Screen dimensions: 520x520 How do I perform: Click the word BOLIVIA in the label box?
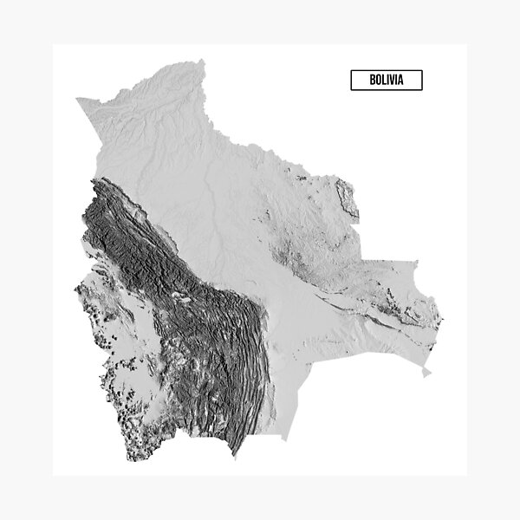click(386, 81)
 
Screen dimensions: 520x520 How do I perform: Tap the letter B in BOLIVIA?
click(372, 81)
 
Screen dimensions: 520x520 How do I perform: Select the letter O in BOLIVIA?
click(378, 81)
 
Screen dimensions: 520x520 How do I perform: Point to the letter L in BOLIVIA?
click(384, 81)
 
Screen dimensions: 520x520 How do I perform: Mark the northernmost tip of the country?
click(204, 61)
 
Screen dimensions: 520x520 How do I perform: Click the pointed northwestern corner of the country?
click(77, 100)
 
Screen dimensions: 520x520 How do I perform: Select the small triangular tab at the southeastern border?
click(426, 373)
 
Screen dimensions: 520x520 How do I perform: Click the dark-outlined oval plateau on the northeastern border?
click(346, 198)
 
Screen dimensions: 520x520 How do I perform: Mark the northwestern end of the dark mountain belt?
click(95, 182)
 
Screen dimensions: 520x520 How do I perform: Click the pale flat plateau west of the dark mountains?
click(130, 347)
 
